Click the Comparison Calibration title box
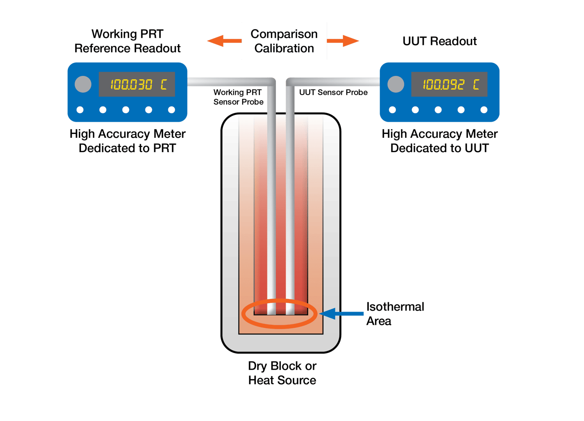(284, 41)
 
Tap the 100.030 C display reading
(137, 84)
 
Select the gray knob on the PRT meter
(83, 84)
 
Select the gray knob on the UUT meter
(395, 84)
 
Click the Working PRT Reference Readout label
(128, 41)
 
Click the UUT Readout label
(439, 41)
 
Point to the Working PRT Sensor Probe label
(238, 97)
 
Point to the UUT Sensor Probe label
(334, 92)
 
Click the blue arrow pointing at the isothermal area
(342, 314)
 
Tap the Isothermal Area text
(395, 314)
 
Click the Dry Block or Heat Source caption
(282, 373)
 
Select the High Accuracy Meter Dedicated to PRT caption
(128, 141)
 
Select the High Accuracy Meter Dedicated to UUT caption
(439, 141)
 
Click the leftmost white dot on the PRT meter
(80, 110)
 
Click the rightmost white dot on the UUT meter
(484, 110)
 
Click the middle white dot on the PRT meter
(126, 110)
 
